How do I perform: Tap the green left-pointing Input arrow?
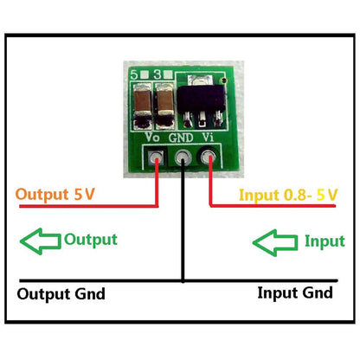click(x=274, y=240)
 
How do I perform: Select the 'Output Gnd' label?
click(x=61, y=294)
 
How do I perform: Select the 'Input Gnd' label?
click(x=294, y=292)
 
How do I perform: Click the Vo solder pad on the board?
click(x=156, y=157)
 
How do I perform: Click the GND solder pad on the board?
click(x=183, y=157)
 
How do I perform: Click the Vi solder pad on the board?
click(x=209, y=157)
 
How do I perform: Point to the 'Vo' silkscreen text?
click(x=153, y=138)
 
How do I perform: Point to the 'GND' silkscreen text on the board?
click(x=182, y=138)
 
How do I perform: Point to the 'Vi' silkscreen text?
click(x=209, y=138)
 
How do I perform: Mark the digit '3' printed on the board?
click(x=157, y=75)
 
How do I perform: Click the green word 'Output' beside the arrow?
click(x=91, y=239)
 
